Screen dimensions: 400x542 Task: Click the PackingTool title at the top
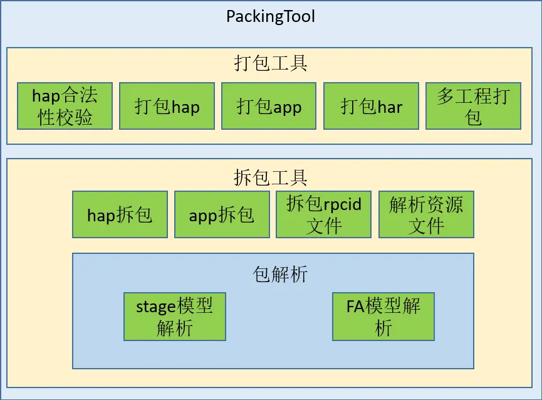click(x=271, y=16)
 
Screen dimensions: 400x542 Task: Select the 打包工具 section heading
click(x=271, y=64)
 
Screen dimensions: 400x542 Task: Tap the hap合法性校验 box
click(x=65, y=106)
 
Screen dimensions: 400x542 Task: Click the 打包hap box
click(x=167, y=106)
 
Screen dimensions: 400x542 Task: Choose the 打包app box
click(x=269, y=106)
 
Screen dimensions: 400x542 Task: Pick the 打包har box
click(x=372, y=106)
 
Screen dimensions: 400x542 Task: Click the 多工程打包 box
click(x=473, y=106)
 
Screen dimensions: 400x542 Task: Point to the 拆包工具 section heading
click(x=271, y=177)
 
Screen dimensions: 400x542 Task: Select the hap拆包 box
click(x=120, y=214)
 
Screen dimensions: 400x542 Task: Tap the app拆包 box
click(x=222, y=214)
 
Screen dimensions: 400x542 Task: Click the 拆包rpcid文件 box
click(x=324, y=214)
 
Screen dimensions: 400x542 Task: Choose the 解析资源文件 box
click(x=426, y=214)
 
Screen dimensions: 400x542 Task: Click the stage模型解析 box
click(x=175, y=317)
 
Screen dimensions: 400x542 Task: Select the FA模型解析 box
click(x=383, y=317)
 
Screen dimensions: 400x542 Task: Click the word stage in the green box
click(x=157, y=307)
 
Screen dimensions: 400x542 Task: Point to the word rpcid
click(x=341, y=204)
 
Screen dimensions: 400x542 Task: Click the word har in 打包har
click(x=389, y=107)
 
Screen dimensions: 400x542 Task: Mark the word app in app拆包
click(x=203, y=216)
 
